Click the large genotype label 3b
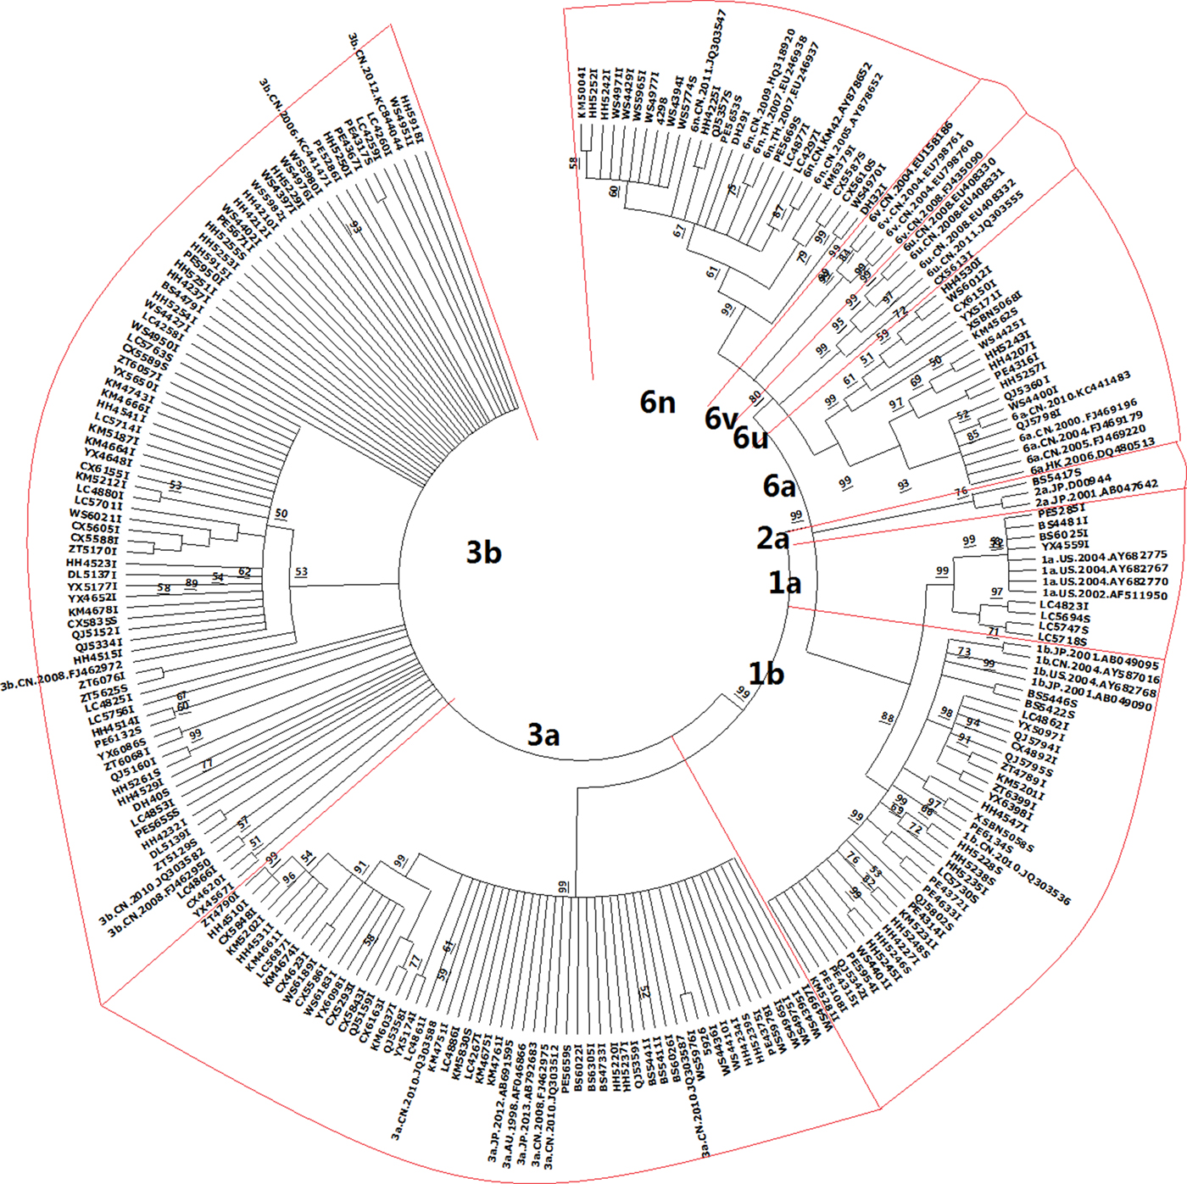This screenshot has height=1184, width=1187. tap(483, 553)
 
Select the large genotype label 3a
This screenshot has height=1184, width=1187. tap(543, 734)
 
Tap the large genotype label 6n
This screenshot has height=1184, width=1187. tap(657, 402)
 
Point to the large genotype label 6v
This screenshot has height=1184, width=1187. tap(721, 418)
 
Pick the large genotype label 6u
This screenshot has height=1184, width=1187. tap(750, 437)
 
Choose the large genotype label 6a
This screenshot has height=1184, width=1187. tap(779, 486)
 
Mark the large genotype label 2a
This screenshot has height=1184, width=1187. tap(772, 538)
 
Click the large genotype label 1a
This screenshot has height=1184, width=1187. tap(784, 582)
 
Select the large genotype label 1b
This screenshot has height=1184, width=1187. tap(766, 674)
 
